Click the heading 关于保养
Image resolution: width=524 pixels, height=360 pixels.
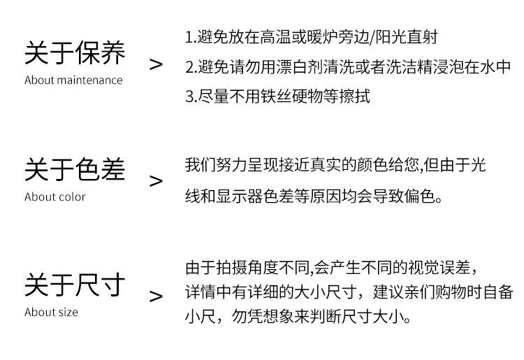pos(75,52)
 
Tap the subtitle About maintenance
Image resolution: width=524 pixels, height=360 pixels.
pos(73,80)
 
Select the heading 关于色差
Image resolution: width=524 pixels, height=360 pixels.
pos(75,170)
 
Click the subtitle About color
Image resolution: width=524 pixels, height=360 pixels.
pos(54,196)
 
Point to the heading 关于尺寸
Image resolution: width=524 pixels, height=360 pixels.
pos(75,285)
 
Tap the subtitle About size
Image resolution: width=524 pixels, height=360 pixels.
pos(51,312)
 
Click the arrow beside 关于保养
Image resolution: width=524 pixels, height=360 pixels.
pos(156,64)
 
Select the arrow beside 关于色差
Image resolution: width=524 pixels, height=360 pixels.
pos(156,181)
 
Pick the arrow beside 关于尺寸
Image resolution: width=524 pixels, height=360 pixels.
pos(156,296)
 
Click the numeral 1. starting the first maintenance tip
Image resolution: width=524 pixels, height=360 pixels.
pos(191,38)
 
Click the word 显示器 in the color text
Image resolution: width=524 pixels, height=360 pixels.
pos(245,196)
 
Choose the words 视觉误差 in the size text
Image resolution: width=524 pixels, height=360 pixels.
pos(438,267)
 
